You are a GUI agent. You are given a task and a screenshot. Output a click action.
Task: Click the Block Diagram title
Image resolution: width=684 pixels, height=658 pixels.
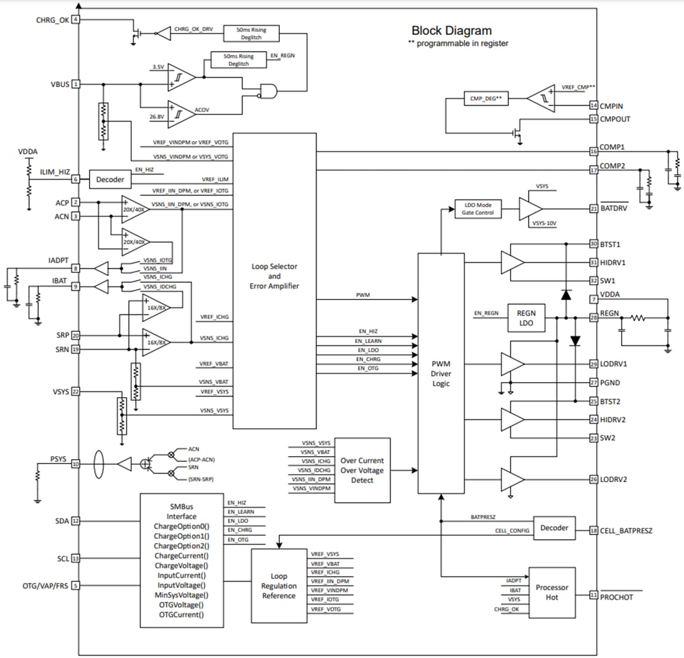tap(451, 30)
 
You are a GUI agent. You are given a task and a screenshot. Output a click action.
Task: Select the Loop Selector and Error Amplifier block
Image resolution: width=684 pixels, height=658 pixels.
tap(274, 275)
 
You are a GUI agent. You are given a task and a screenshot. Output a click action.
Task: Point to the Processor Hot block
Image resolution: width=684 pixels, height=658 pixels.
tap(552, 592)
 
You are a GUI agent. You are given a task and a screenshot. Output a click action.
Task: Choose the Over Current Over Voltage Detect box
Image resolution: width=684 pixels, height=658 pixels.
tap(362, 470)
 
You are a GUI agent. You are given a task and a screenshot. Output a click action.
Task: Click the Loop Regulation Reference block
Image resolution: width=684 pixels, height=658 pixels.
tap(279, 586)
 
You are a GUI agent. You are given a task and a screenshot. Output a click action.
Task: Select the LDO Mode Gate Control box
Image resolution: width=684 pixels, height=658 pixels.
tap(478, 209)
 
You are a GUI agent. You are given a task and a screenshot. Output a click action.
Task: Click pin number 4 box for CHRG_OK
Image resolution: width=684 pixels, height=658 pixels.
tap(76, 19)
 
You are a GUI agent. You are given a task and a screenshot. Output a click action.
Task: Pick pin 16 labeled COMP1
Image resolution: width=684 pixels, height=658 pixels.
tap(594, 150)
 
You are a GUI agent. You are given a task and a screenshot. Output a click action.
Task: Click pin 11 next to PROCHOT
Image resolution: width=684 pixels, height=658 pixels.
tap(594, 595)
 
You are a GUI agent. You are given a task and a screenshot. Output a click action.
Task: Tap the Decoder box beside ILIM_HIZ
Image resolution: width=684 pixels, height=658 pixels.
tap(110, 180)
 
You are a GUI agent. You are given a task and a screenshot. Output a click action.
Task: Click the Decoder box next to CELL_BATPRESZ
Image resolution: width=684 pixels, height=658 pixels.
tap(554, 528)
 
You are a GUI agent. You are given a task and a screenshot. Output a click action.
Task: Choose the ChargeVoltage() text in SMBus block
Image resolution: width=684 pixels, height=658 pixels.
tap(181, 565)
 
